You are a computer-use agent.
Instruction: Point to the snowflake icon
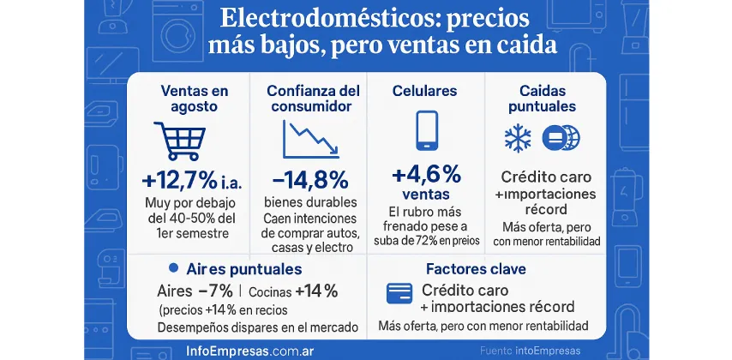tap(517, 139)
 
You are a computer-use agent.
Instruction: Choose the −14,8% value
tap(309, 181)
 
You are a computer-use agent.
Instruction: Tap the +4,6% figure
tap(426, 175)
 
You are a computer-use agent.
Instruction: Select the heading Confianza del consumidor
tap(309, 98)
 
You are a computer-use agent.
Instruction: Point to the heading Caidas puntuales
tap(548, 98)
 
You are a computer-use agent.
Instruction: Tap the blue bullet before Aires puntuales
tap(174, 268)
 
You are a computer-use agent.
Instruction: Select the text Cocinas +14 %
tap(294, 290)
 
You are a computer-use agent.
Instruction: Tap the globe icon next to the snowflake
tap(565, 138)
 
